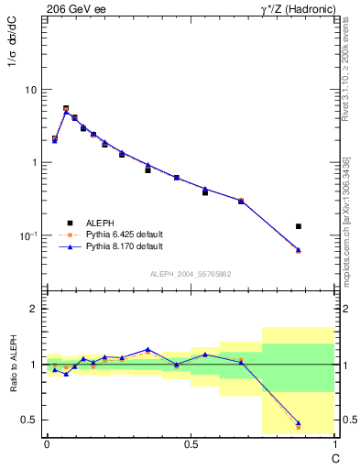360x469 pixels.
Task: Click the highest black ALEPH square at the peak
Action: [66, 108]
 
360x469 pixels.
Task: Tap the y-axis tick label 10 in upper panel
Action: [30, 91]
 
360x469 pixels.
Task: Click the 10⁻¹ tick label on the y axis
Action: [27, 235]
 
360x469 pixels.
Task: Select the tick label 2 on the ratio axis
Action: [34, 310]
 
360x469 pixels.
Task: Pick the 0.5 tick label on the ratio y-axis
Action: [30, 420]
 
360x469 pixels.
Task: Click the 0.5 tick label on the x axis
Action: [191, 444]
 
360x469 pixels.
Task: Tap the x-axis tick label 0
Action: [47, 444]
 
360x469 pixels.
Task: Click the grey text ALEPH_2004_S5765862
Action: [191, 274]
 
